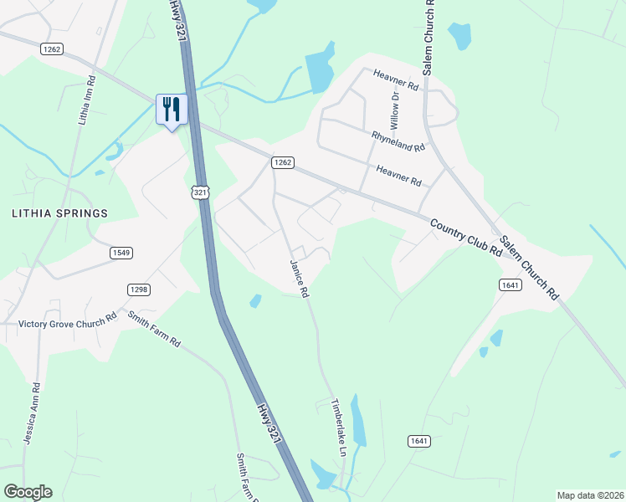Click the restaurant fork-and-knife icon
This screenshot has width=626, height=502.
pos(172,110)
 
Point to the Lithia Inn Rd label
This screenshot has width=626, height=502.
pos(87,100)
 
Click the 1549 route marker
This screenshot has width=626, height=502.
pos(121,252)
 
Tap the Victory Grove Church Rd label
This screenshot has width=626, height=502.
pos(67,321)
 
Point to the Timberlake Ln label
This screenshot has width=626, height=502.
pos(339,426)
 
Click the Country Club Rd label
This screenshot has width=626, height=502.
pos(465,238)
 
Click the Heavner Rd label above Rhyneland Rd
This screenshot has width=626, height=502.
pos(396,80)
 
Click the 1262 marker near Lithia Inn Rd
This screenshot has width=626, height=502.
pos(51,49)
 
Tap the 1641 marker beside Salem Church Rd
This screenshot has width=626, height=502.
pos(510,285)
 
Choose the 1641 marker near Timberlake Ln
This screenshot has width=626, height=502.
pos(420,440)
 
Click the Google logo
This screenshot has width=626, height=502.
pos(27,492)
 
